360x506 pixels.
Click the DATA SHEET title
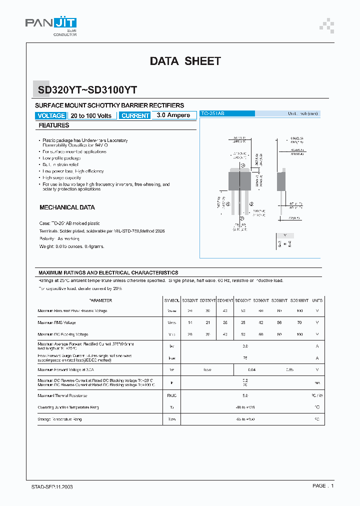[x=185, y=61]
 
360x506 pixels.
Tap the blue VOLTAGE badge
[x=51, y=115]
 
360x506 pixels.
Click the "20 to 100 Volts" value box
[x=91, y=115]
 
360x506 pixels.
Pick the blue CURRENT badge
[x=135, y=115]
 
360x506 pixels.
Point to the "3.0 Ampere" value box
[x=173, y=115]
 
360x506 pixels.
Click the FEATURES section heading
[x=54, y=125]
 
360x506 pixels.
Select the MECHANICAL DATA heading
[x=67, y=207]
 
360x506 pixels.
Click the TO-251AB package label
[x=213, y=114]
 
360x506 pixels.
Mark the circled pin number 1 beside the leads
[x=243, y=165]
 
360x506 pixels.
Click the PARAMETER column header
[x=100, y=300]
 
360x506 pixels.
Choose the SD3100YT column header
[x=299, y=300]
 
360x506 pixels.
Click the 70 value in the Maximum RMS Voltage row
[x=299, y=322]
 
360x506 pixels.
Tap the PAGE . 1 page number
[x=323, y=486]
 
